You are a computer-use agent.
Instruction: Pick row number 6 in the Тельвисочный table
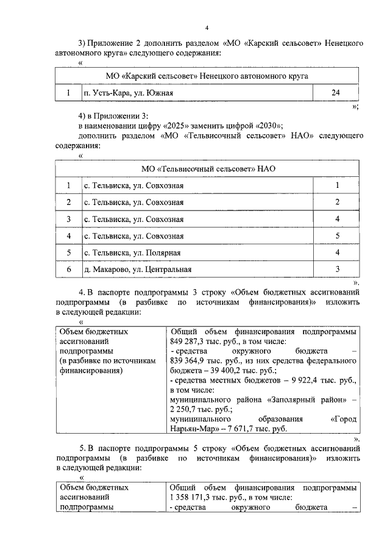69,269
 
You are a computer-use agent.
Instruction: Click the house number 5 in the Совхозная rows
336,235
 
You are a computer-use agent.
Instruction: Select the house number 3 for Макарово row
336,269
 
